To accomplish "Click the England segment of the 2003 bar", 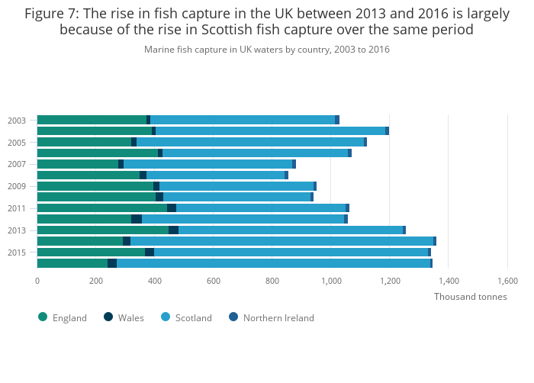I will (92, 120).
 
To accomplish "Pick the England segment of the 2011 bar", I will (102, 208).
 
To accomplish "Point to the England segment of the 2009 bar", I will (95, 186).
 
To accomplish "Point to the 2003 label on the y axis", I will (17, 121).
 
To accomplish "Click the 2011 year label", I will (17, 208).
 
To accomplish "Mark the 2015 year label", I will (17, 253).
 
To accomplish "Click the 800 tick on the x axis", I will (272, 281).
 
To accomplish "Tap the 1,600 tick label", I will (507, 281).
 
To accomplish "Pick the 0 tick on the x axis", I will (37, 281).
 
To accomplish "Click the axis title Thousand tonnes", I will (470, 297).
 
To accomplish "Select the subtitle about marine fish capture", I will (267, 50).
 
